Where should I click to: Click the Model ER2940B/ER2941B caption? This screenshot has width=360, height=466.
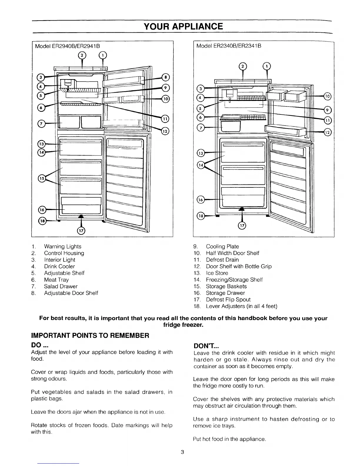coord(67,46)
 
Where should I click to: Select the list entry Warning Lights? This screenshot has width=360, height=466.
coord(63,247)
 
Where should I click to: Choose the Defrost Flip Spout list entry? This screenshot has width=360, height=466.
coord(228,299)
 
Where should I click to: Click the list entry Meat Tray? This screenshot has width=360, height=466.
coord(56,280)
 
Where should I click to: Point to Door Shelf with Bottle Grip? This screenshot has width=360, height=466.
coord(239,267)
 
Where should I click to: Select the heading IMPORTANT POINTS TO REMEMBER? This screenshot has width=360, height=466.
coord(90,335)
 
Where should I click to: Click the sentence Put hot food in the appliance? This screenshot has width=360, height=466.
coord(229,439)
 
